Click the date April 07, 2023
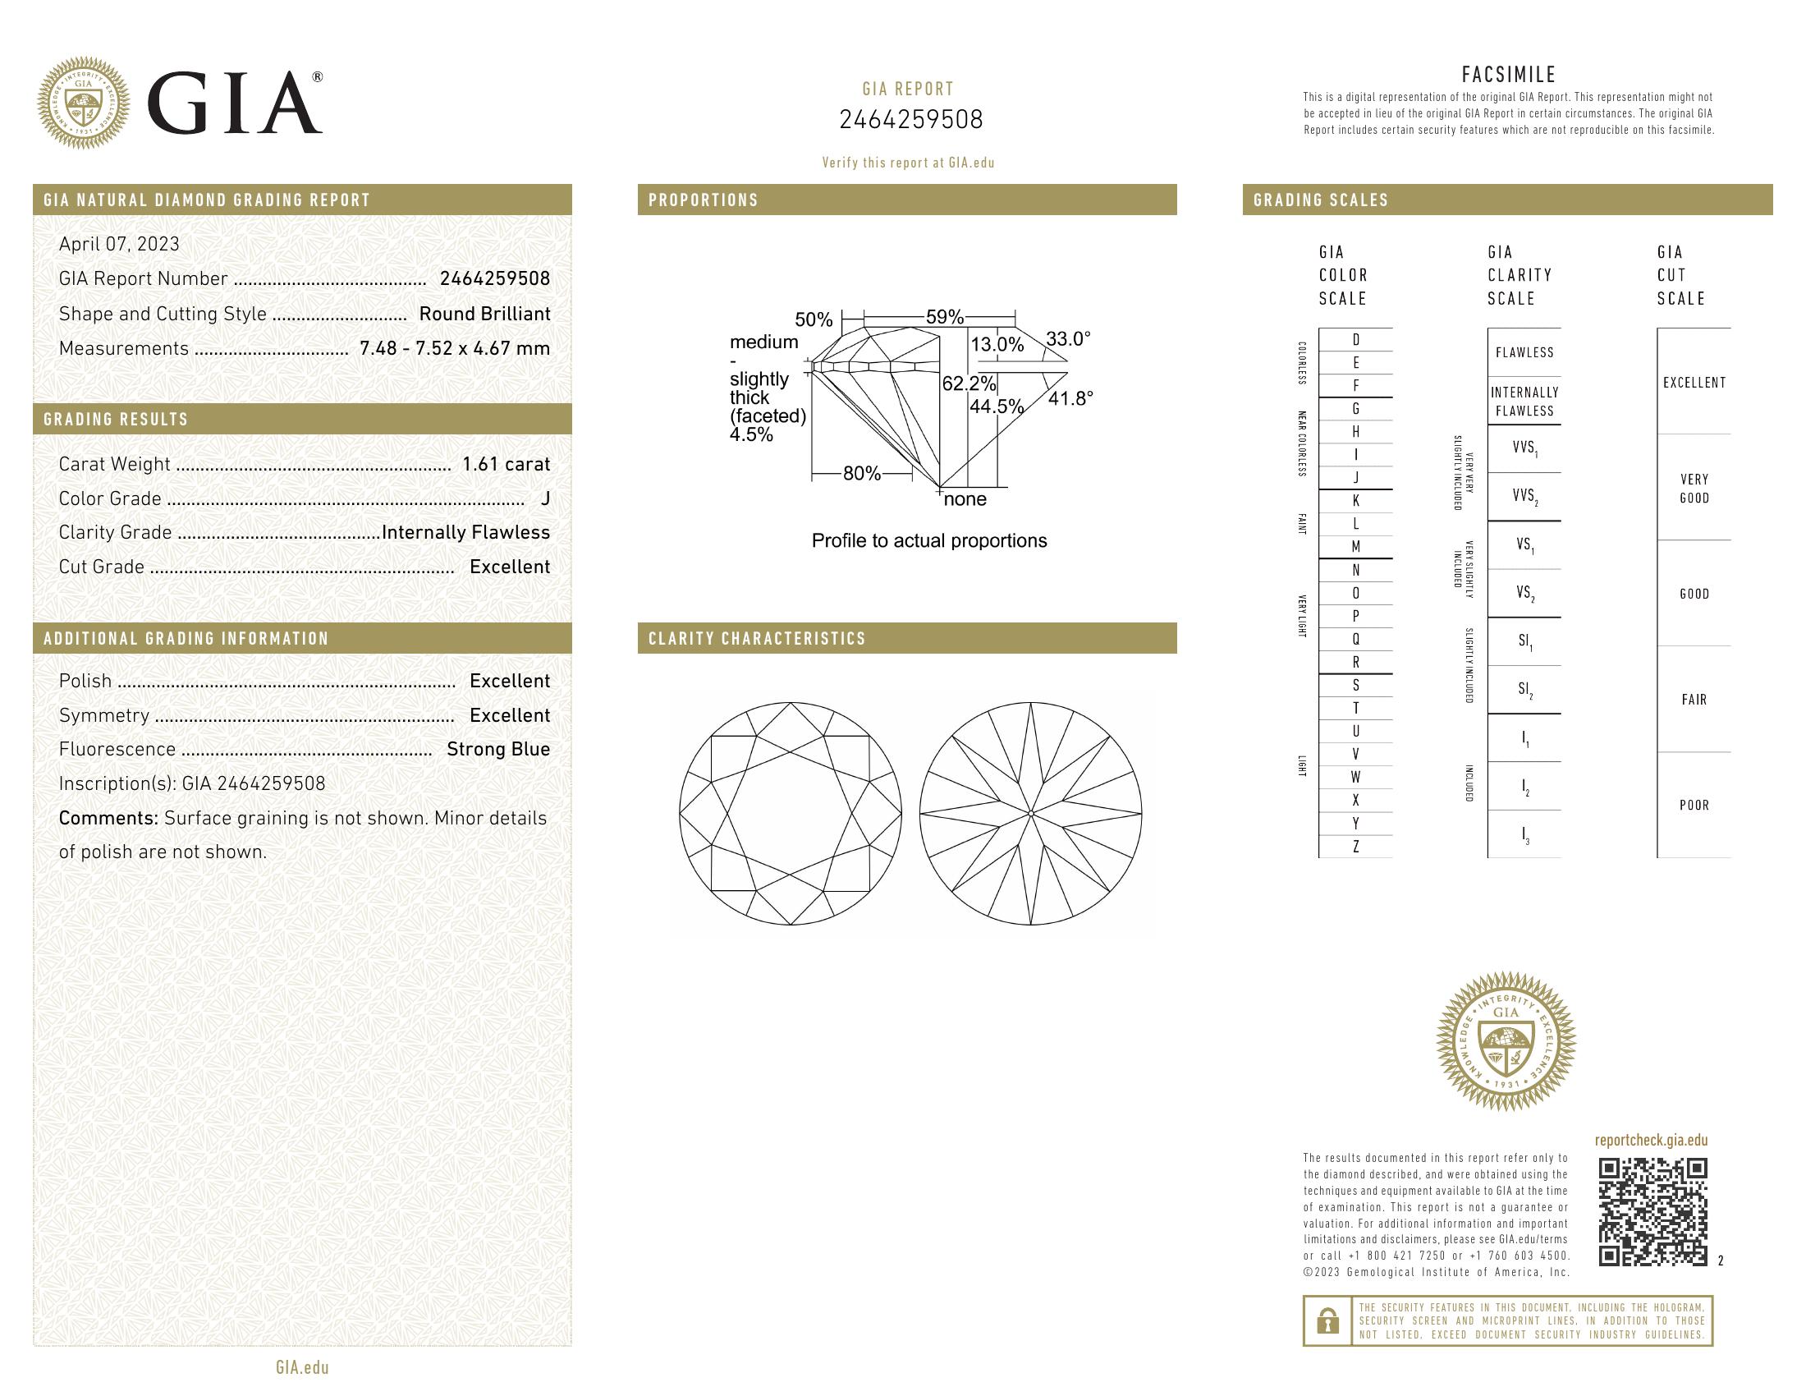click(x=119, y=244)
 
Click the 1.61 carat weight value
click(x=505, y=464)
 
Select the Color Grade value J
click(x=545, y=498)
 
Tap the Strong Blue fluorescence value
click(x=497, y=749)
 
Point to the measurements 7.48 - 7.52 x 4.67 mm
click(x=454, y=348)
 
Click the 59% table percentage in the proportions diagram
click(x=944, y=317)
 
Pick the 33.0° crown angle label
click(x=1067, y=339)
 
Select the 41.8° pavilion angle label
click(x=1070, y=398)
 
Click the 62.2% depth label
click(x=969, y=383)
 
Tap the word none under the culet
click(x=965, y=499)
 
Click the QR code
click(x=1652, y=1211)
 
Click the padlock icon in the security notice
click(x=1327, y=1320)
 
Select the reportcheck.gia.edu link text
click(x=1651, y=1141)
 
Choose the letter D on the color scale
click(x=1355, y=340)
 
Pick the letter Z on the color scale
click(x=1355, y=847)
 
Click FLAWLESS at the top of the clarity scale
click(x=1524, y=352)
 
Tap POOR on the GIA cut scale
click(x=1694, y=806)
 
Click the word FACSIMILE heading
click(x=1508, y=75)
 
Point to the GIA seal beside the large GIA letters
click(x=84, y=103)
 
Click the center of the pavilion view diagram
click(x=1031, y=815)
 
